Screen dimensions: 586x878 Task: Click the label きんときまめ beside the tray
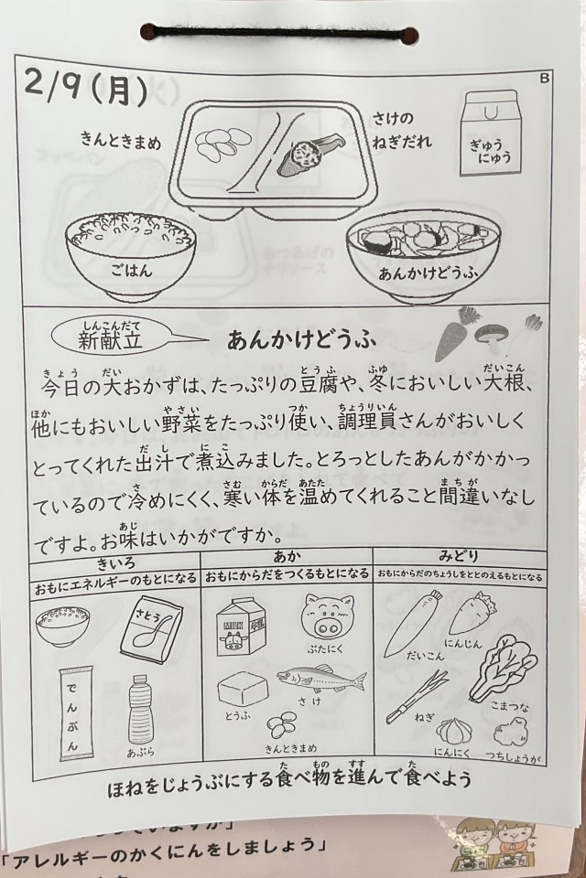click(x=121, y=139)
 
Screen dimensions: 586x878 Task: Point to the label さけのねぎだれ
click(x=402, y=130)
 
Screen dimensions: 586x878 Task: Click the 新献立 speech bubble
click(x=112, y=337)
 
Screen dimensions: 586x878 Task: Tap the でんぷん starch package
click(x=76, y=713)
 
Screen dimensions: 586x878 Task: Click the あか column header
click(x=288, y=557)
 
